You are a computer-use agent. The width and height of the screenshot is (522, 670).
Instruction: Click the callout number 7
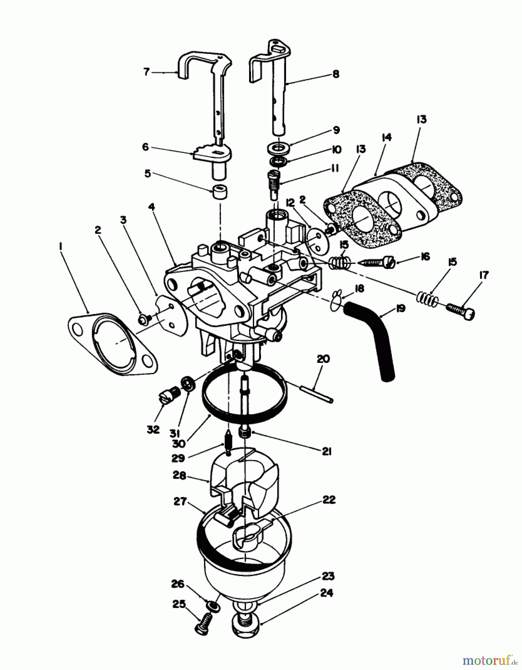point(146,71)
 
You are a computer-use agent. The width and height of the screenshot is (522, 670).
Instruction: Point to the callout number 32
point(153,429)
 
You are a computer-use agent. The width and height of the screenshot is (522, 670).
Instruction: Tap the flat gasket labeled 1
point(112,344)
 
